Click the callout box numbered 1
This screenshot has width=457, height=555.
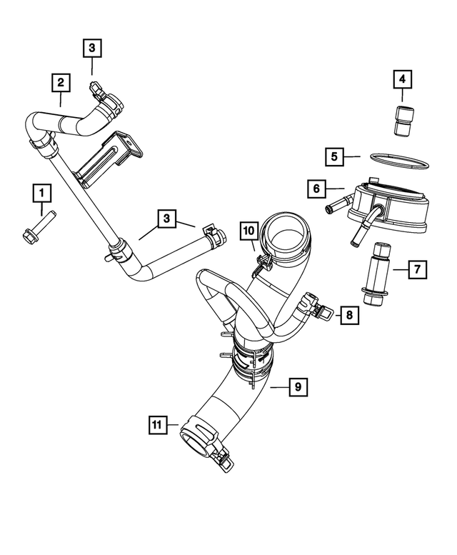coord(41,192)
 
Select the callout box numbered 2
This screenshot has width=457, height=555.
coord(61,83)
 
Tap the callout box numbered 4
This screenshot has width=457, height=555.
coord(402,79)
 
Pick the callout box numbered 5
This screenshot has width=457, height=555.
coord(333,155)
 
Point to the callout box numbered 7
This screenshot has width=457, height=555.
coord(418,269)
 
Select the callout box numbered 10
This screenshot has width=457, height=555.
coord(248,230)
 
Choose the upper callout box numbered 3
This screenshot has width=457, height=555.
coord(92,48)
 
